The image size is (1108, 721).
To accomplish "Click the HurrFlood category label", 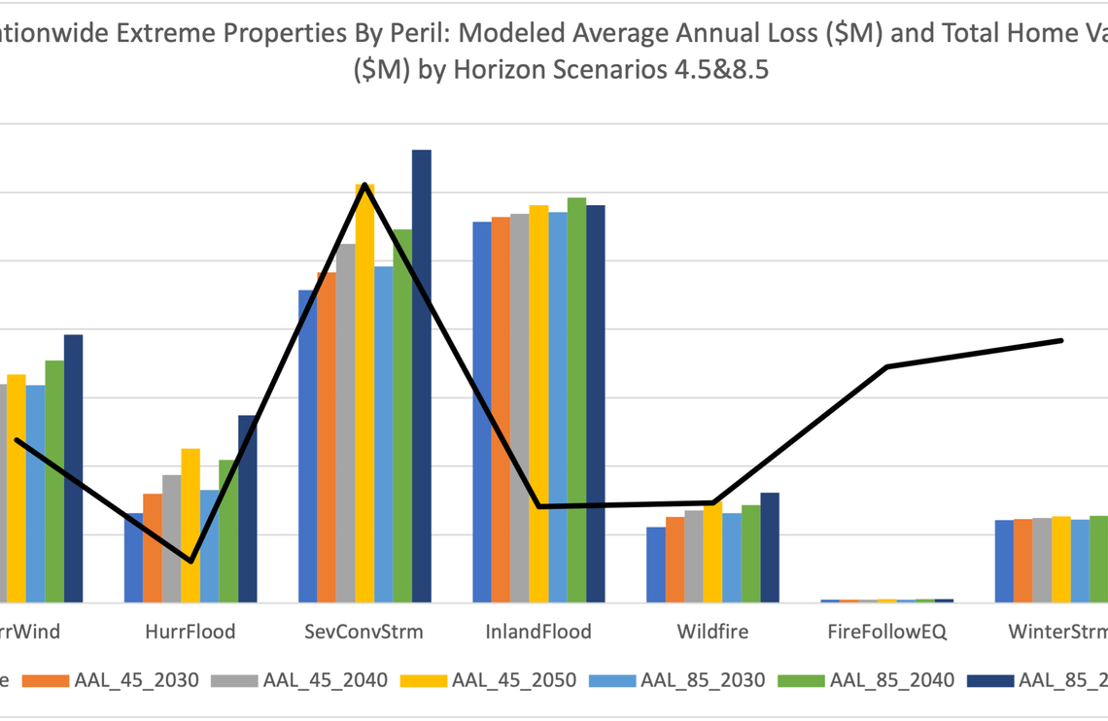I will pyautogui.click(x=190, y=632).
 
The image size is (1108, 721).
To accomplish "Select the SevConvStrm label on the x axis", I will pyautogui.click(x=364, y=632).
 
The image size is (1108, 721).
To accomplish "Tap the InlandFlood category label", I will pyautogui.click(x=538, y=632).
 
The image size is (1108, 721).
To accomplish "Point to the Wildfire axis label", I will pyautogui.click(x=712, y=632).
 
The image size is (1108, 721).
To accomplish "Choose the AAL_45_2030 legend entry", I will pyautogui.click(x=136, y=680).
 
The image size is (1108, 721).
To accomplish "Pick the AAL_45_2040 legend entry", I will pyautogui.click(x=325, y=680).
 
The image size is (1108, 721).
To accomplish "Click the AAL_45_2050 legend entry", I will pyautogui.click(x=514, y=680).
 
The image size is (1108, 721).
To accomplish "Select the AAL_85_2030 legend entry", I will pyautogui.click(x=703, y=680).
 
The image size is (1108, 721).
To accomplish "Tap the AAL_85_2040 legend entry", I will pyautogui.click(x=891, y=680).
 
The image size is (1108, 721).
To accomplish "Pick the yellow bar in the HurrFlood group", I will pyautogui.click(x=190, y=525).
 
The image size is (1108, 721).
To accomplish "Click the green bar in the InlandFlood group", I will pyautogui.click(x=576, y=399).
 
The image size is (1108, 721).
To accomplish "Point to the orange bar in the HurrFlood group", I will pyautogui.click(x=153, y=548).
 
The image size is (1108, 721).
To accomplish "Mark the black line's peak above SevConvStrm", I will pyautogui.click(x=364, y=184).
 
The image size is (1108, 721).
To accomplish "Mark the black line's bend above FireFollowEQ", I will pyautogui.click(x=886, y=366).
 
